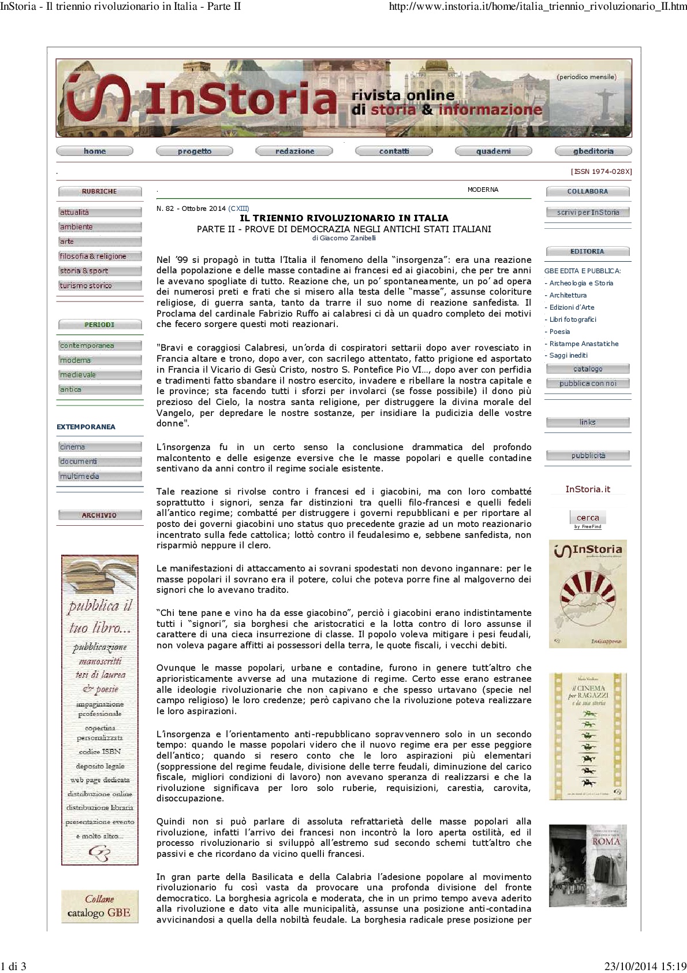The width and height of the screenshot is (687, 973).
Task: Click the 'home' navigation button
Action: pyautogui.click(x=95, y=151)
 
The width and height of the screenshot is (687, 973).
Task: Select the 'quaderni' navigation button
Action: pyautogui.click(x=493, y=151)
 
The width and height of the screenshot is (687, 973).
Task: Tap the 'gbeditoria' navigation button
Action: pyautogui.click(x=593, y=151)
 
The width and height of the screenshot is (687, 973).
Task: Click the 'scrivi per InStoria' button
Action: pyautogui.click(x=588, y=213)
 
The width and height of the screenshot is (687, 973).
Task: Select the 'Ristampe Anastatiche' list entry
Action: pyautogui.click(x=584, y=344)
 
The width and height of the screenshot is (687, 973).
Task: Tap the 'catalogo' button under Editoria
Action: pyautogui.click(x=588, y=369)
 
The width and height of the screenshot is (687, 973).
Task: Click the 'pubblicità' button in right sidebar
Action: pyautogui.click(x=588, y=456)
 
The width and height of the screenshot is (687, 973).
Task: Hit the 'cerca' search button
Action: pyautogui.click(x=588, y=518)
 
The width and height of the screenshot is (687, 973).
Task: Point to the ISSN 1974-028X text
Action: pyautogui.click(x=601, y=172)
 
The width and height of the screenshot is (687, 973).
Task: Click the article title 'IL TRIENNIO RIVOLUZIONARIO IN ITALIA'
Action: pyautogui.click(x=344, y=218)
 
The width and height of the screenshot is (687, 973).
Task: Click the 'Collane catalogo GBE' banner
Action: pyautogui.click(x=100, y=906)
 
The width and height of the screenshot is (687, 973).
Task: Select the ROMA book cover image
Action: pyautogui.click(x=588, y=865)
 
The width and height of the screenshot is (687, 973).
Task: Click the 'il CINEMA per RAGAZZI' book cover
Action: pyautogui.click(x=588, y=736)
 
